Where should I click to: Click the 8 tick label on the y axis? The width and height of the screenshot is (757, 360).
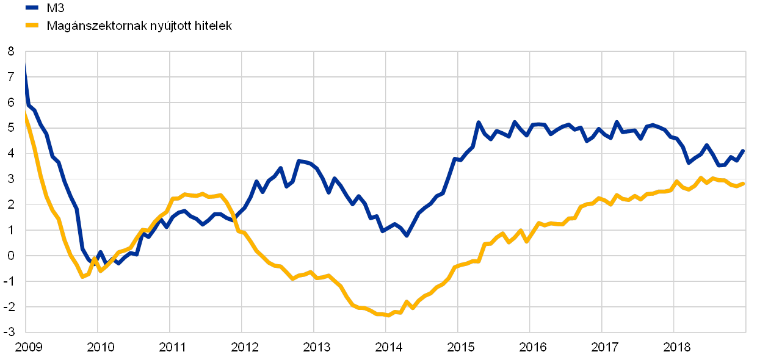pos(12,52)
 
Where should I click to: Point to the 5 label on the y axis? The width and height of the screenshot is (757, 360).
pos(12,128)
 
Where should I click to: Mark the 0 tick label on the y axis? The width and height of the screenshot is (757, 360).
pos(12,256)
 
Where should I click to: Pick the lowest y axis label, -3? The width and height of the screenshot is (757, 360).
pos(12,332)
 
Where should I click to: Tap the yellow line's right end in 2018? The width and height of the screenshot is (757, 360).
pos(744,183)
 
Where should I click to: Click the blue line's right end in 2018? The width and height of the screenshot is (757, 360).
pos(744,149)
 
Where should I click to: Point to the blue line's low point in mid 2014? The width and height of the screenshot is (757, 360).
pos(407,235)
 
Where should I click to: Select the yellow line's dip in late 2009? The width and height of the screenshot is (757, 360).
pos(82,277)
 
